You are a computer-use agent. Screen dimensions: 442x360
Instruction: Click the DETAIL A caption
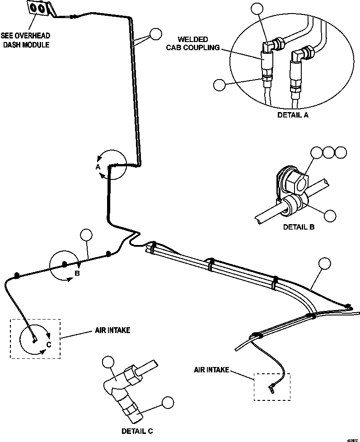click(x=293, y=115)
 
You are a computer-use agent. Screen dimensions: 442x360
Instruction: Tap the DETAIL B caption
click(x=298, y=227)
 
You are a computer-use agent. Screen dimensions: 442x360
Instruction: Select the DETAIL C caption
click(x=140, y=431)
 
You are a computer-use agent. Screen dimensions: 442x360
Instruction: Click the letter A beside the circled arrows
click(x=97, y=167)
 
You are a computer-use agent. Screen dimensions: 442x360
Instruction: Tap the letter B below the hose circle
click(x=77, y=273)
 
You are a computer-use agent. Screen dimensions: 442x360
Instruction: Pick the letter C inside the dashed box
click(x=49, y=345)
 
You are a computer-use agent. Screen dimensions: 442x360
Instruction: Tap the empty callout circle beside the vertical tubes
click(x=155, y=34)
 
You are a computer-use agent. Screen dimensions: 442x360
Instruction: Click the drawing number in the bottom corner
click(x=352, y=439)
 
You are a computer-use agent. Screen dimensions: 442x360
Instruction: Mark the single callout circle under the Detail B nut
click(x=331, y=216)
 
